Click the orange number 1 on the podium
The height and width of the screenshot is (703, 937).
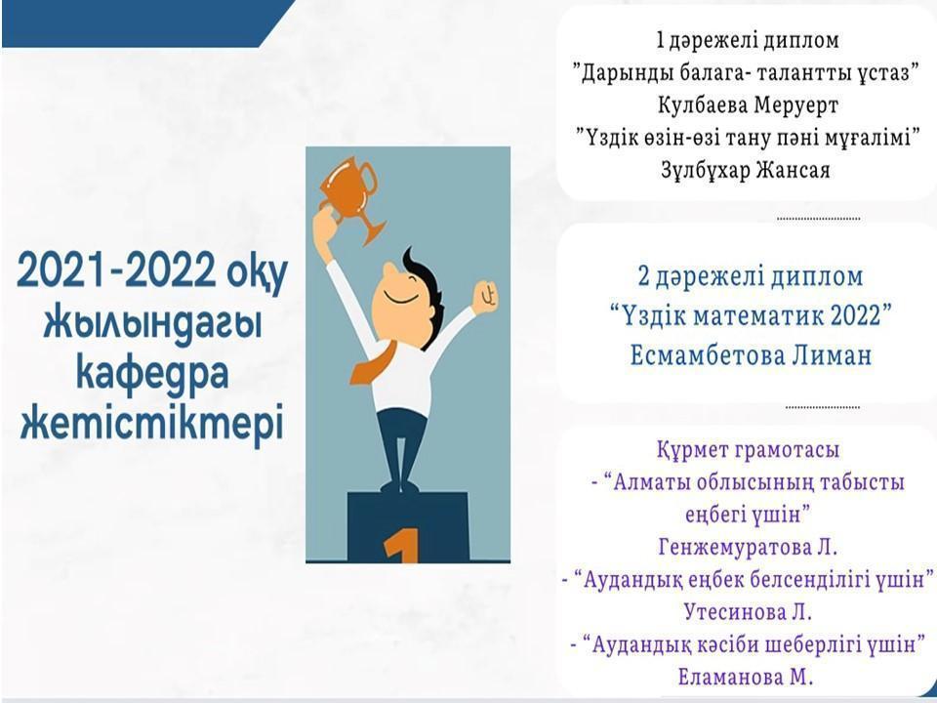401,546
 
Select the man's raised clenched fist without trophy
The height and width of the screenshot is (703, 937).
485,295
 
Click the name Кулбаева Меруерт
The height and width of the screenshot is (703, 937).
748,105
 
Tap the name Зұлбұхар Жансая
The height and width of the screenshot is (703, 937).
745,170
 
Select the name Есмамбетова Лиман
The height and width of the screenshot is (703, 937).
752,356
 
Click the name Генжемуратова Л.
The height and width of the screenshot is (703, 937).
748,547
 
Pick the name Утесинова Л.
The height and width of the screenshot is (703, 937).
748,612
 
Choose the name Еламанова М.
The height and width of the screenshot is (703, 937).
746,678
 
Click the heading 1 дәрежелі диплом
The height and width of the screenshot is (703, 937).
747,41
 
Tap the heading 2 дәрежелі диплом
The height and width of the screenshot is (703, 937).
751,277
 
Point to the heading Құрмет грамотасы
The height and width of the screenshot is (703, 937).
748,449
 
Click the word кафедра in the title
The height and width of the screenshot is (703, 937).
152,374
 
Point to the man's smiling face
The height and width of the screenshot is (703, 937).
400,305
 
